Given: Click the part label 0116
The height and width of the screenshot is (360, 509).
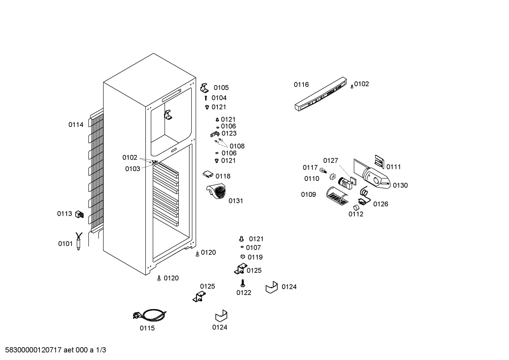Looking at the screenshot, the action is coord(301,84).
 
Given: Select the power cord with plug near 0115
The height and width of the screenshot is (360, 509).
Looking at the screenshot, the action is coord(150,315).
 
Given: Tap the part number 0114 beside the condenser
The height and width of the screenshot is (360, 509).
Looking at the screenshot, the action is coord(76,125).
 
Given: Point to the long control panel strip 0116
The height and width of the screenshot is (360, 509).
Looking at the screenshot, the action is coord(321,94).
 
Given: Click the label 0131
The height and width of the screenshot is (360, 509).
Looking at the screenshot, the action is coord(236,201).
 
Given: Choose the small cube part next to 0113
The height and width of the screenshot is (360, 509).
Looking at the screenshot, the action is coord(79,214).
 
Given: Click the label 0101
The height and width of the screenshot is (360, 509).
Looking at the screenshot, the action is coord(65,244).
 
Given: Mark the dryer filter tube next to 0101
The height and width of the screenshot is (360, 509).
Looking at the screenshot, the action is coord(79,241).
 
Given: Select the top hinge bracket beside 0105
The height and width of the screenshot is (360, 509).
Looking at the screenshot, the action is coord(204,88).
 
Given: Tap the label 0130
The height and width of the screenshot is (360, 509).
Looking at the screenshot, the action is coord(400,185).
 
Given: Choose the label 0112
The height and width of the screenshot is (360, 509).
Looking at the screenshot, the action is coord(356,214).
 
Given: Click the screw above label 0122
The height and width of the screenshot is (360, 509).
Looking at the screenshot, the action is coord(243,283).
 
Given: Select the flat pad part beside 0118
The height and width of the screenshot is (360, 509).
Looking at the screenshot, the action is coord(208,175).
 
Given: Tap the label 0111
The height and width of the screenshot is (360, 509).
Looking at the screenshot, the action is coord(394,167).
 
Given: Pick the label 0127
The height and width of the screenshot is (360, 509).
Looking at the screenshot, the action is coord(331,160).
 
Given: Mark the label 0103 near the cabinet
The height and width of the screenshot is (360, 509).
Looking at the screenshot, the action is coord(133,169).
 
